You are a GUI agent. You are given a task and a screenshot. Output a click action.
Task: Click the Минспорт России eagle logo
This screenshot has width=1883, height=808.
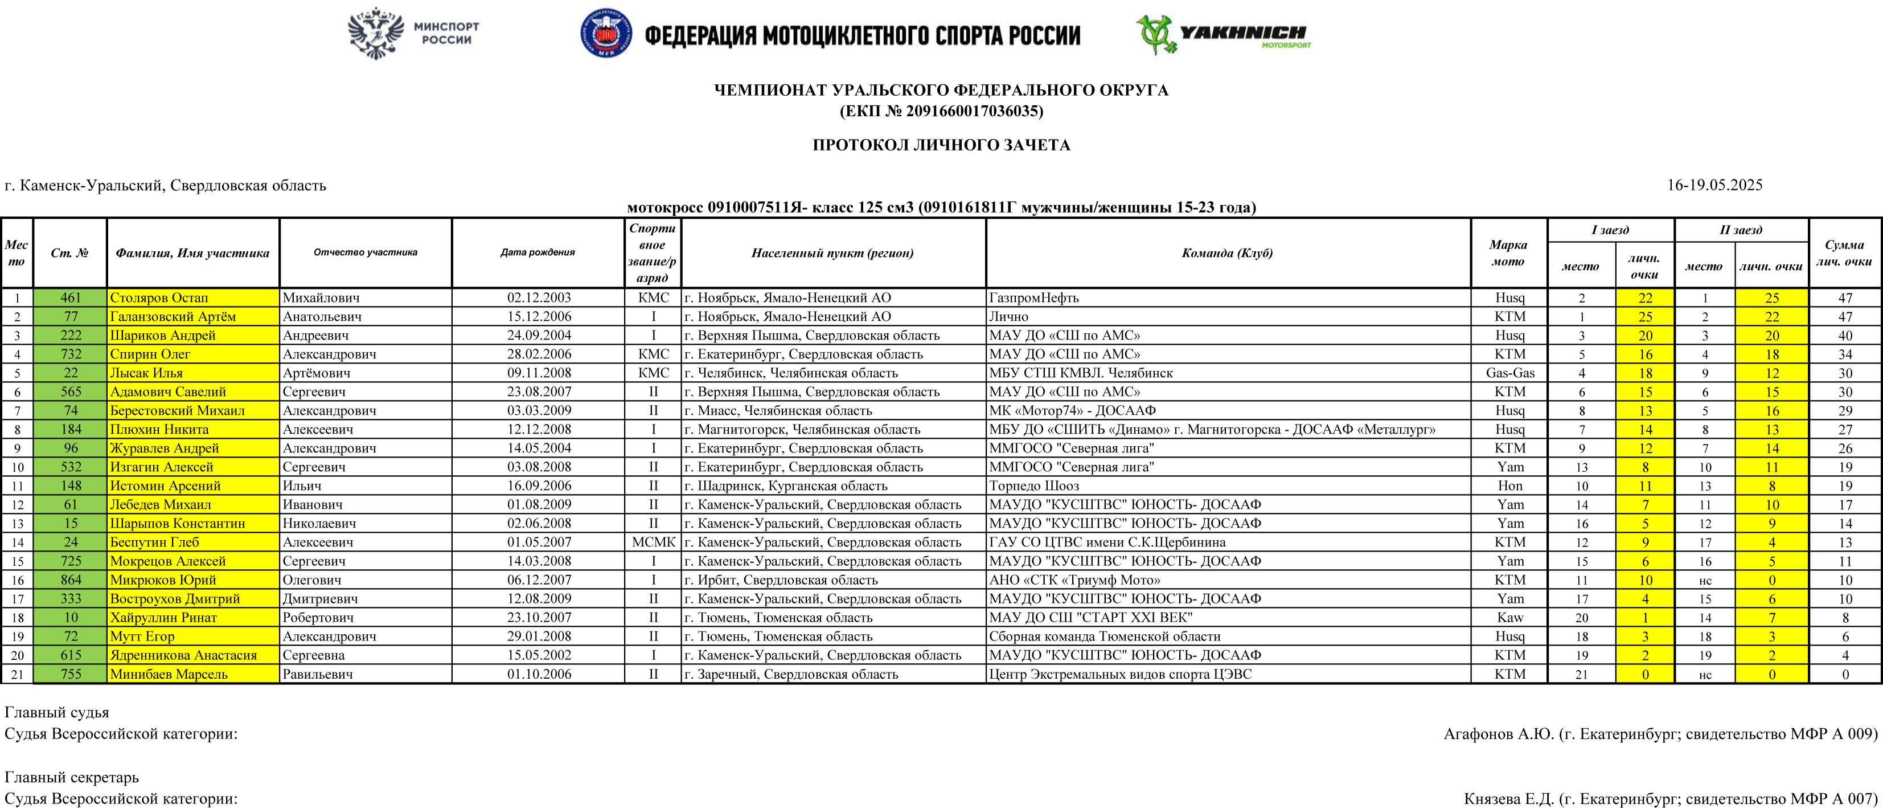pyautogui.click(x=376, y=34)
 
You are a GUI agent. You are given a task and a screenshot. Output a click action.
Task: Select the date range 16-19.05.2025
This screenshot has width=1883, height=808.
pyautogui.click(x=1714, y=185)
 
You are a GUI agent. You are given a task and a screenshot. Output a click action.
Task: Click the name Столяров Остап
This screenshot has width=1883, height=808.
pyautogui.click(x=159, y=297)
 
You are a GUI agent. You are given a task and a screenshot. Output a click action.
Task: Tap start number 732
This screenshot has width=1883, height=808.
pyautogui.click(x=71, y=354)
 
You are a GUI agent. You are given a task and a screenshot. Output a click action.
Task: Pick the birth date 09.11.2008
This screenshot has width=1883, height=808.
pyautogui.click(x=539, y=373)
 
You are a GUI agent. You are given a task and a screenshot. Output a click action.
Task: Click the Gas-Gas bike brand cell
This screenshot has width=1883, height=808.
pyautogui.click(x=1509, y=373)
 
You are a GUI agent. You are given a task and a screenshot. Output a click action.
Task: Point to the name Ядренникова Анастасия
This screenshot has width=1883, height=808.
pyautogui.click(x=183, y=655)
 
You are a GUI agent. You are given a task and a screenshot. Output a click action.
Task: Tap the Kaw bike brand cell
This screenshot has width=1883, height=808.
pyautogui.click(x=1509, y=618)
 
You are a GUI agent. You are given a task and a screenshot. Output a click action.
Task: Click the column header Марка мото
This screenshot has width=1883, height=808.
pyautogui.click(x=1508, y=253)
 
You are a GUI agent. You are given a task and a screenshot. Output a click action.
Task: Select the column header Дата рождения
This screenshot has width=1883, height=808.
pyautogui.click(x=538, y=253)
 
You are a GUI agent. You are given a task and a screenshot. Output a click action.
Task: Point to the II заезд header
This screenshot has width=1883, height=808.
pyautogui.click(x=1741, y=230)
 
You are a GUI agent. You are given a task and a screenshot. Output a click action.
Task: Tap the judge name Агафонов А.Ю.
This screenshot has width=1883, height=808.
pyautogui.click(x=1499, y=734)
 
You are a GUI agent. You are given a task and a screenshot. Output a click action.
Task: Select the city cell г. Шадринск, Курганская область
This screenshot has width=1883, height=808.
pyautogui.click(x=786, y=486)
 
